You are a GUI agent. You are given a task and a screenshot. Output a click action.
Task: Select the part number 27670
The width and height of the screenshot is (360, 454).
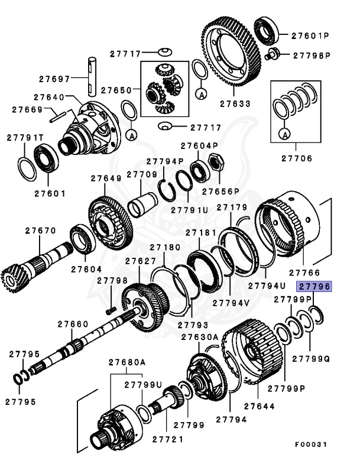pos(36,231)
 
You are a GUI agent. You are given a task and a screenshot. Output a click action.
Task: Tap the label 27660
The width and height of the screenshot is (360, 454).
pos(73,324)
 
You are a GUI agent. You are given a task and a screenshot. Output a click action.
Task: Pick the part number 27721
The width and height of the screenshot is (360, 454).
pos(167,439)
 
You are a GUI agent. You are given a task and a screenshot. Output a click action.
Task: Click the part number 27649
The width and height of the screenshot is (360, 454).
pos(106,178)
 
